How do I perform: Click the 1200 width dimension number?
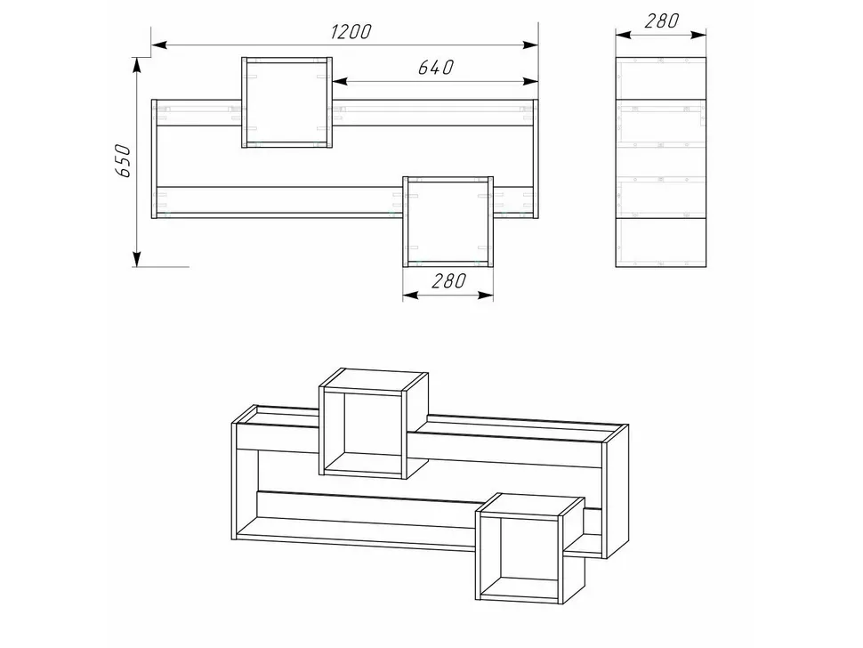351,31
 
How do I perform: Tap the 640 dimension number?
436,67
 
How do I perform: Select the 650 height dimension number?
123,161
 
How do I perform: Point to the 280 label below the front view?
448,280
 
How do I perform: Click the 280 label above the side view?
661,21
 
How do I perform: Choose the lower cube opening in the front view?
448,222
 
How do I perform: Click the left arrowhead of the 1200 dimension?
159,45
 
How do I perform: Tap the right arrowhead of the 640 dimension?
530,82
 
